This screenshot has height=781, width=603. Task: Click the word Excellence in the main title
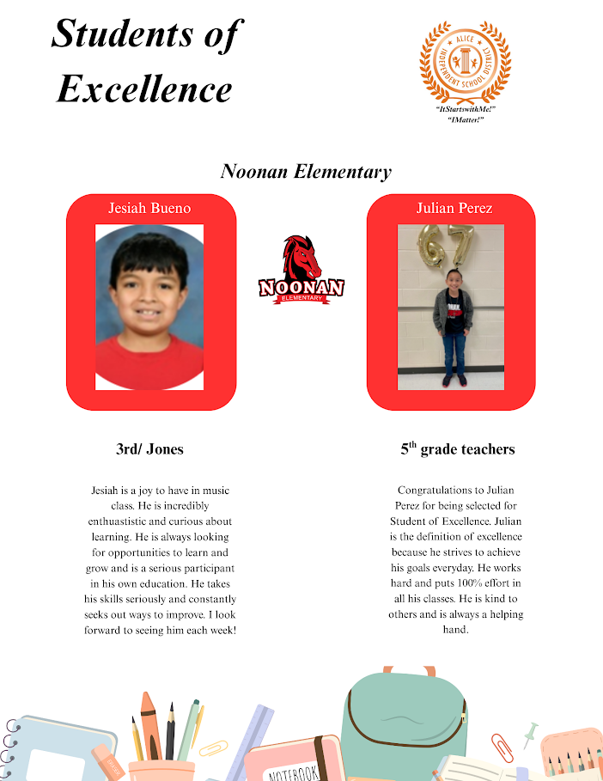tap(144, 88)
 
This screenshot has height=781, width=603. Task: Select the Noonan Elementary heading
tap(306, 171)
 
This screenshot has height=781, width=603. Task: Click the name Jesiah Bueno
tap(149, 208)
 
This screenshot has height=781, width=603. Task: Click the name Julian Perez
tap(454, 208)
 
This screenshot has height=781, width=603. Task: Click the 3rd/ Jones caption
tap(149, 448)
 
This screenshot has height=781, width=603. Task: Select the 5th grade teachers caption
tap(457, 448)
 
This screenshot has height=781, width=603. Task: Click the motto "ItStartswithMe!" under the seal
tap(466, 110)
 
